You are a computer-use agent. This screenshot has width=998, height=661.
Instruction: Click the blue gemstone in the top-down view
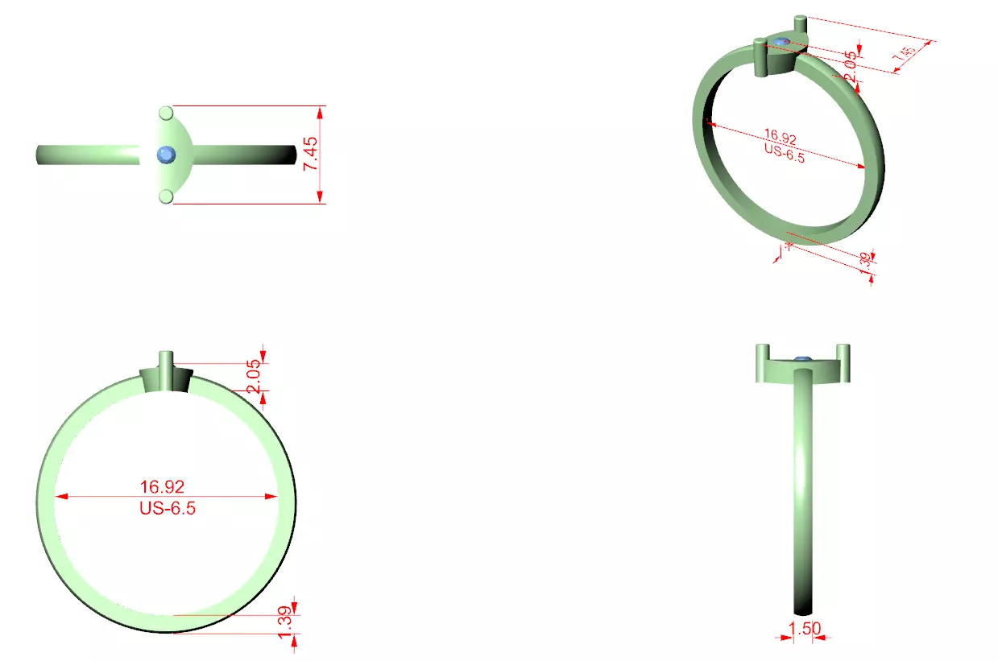tap(167, 154)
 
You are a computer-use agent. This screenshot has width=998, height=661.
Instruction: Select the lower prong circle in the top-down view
tap(166, 196)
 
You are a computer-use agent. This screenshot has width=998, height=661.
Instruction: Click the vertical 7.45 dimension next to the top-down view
tap(311, 153)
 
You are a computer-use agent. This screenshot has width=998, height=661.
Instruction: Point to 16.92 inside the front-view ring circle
tap(162, 486)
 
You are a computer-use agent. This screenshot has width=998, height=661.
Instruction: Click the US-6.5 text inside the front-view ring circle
tap(167, 508)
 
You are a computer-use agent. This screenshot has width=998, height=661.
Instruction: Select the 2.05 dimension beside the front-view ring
tap(255, 377)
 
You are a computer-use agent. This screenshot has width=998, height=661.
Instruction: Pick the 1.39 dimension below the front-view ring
tap(284, 625)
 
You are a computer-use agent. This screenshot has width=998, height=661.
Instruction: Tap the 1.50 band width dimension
tap(801, 627)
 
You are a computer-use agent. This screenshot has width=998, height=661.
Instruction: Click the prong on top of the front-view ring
tap(166, 361)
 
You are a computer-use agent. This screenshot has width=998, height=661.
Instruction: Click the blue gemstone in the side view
tap(801, 359)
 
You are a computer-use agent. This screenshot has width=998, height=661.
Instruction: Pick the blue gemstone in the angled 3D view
tap(781, 42)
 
